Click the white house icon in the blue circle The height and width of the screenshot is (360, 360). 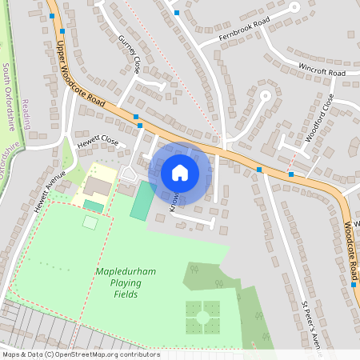click(180, 172)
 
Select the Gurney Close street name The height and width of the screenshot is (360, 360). click(129, 54)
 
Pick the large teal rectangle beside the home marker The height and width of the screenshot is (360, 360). click(142, 201)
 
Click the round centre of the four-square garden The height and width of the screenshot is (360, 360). click(202, 318)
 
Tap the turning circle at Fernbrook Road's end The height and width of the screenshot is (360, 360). click(294, 7)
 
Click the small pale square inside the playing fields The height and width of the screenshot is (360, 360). click(90, 222)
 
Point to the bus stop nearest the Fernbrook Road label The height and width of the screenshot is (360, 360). click(176, 13)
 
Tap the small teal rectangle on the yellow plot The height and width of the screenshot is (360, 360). click(93, 206)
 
